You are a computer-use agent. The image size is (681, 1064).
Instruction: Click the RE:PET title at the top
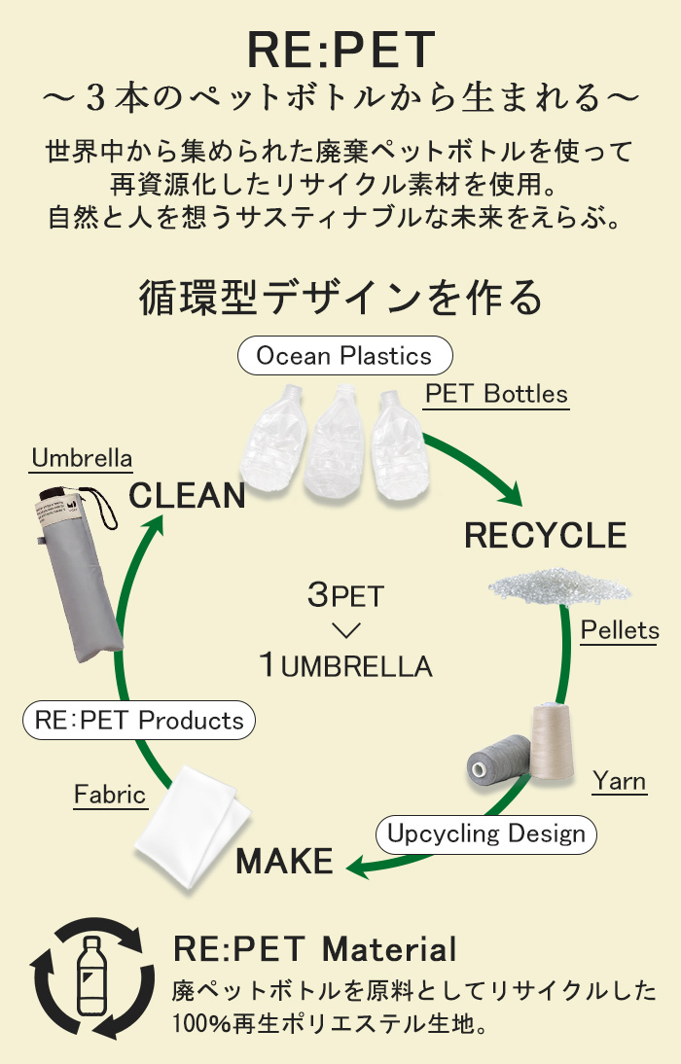(340, 51)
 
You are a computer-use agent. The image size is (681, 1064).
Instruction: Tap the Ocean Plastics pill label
(345, 356)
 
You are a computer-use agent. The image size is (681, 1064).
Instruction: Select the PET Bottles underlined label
(496, 394)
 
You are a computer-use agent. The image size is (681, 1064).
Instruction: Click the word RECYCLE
(545, 535)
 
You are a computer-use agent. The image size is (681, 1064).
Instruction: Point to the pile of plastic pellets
(559, 586)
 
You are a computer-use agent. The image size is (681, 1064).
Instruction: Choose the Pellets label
(619, 630)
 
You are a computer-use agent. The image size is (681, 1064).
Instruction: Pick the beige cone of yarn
(552, 742)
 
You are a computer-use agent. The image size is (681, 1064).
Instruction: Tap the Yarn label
(619, 781)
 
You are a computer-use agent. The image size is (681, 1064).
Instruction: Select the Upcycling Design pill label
(486, 833)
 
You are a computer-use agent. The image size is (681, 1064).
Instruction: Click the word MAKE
(284, 862)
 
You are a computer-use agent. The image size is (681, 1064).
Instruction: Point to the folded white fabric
(193, 827)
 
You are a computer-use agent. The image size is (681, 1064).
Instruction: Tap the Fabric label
(110, 795)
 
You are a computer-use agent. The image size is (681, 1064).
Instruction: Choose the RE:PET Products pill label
(139, 720)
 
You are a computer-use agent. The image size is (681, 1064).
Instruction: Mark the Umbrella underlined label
(82, 459)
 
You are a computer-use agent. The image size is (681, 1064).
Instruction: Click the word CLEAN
(187, 495)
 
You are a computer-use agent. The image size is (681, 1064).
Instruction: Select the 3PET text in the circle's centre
(345, 595)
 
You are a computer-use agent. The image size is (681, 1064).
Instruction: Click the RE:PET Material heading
(314, 948)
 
